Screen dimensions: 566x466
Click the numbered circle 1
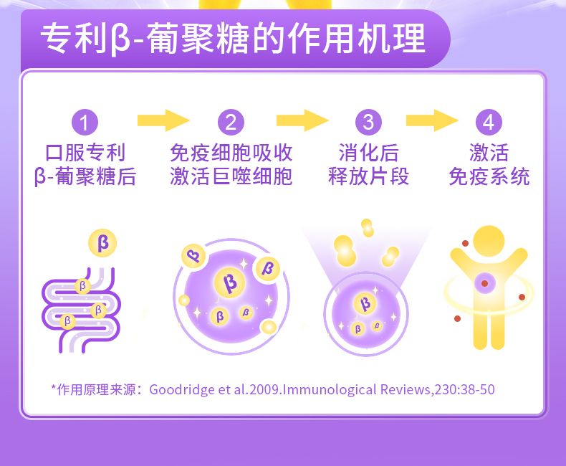[x=85, y=122]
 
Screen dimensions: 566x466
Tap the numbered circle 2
[x=230, y=122]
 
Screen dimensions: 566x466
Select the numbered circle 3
[x=368, y=122]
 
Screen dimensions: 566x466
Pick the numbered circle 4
[x=489, y=122]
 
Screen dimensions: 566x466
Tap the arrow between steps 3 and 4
[x=431, y=120]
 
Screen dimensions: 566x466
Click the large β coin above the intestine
[x=102, y=242]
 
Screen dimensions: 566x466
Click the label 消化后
[x=368, y=153]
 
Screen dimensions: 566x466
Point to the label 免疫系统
[x=489, y=176]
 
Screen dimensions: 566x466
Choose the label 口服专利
[x=85, y=153]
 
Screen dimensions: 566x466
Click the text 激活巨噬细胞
[x=231, y=176]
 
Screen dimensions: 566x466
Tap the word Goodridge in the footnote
[x=178, y=389]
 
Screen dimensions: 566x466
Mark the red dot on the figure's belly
[x=485, y=285]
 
